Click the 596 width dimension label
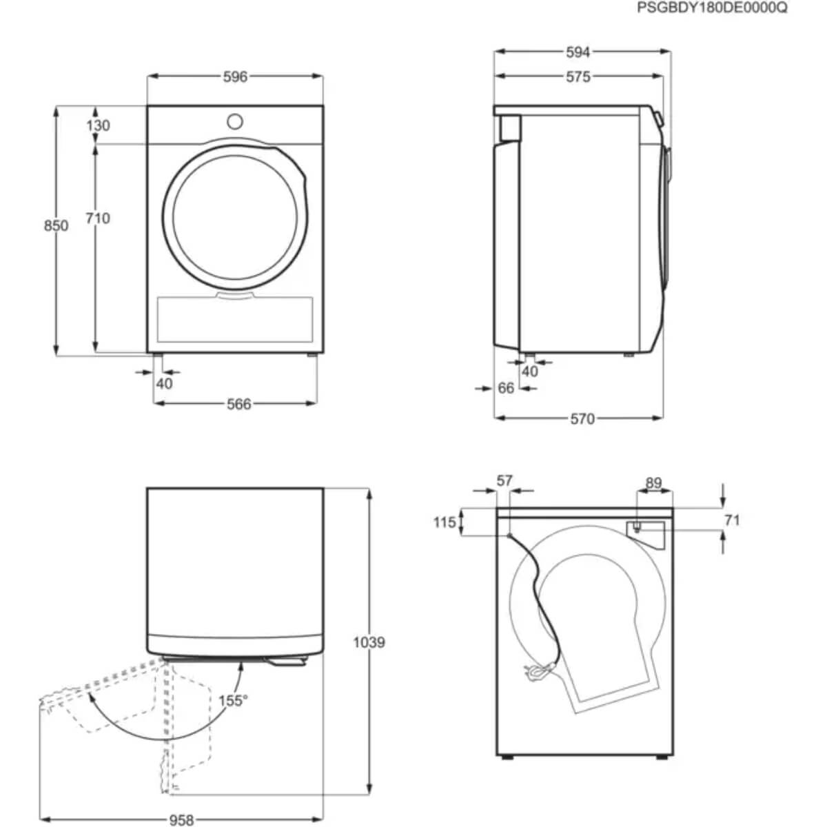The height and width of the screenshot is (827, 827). [x=235, y=76]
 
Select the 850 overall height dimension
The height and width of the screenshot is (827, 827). [x=56, y=225]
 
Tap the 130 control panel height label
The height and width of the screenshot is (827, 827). [x=98, y=125]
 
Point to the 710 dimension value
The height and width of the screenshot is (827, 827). [x=97, y=218]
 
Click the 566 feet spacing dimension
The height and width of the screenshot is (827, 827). [x=238, y=404]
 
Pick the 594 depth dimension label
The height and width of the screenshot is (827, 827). [x=578, y=52]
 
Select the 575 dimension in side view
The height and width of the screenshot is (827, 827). [x=578, y=76]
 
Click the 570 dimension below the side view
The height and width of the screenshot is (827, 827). [x=582, y=418]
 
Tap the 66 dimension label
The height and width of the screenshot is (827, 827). [x=506, y=388]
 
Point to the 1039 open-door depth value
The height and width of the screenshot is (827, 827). [x=369, y=642]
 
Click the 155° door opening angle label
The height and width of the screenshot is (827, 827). [x=232, y=701]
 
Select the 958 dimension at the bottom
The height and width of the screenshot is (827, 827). [x=181, y=820]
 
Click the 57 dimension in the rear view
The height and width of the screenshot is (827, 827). [x=504, y=480]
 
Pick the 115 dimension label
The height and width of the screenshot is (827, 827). [x=445, y=522]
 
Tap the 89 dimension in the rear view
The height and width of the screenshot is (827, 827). [x=653, y=483]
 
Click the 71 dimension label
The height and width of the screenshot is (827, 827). [x=732, y=520]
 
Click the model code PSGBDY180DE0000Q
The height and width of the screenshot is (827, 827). [x=712, y=8]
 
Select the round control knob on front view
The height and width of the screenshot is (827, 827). [x=234, y=122]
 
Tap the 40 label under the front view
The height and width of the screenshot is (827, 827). [x=164, y=384]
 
